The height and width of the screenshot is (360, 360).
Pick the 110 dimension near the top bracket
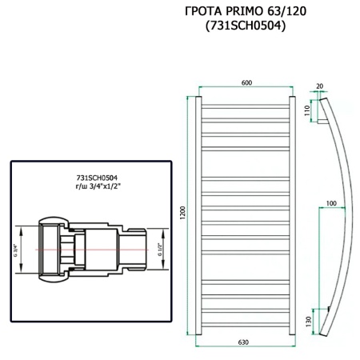click(x=306, y=111)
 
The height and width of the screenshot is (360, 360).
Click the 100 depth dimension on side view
click(x=332, y=203)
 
